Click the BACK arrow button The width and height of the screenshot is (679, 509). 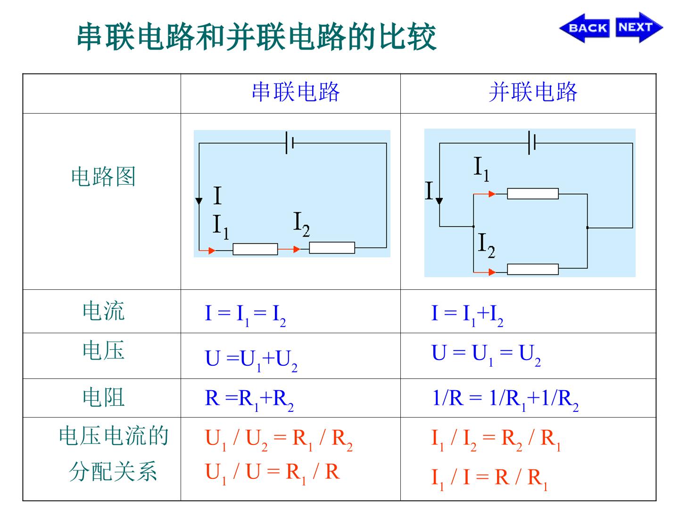pos(584,28)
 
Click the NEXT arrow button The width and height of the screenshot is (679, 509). pos(639,27)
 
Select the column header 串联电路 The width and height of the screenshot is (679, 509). pos(296,92)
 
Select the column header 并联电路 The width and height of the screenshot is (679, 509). pos(533,92)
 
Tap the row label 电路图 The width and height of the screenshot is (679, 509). pos(103,176)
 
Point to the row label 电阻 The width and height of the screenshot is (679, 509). pos(103,397)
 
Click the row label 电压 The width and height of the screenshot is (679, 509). pos(103,351)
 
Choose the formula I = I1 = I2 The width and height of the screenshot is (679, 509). pos(245,315)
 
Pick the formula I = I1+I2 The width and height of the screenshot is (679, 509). pos(467,315)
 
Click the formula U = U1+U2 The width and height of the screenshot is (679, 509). pos(251,361)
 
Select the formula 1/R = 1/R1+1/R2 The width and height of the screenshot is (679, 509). pos(505,400)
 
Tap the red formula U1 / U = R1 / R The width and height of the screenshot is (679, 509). pos(272,474)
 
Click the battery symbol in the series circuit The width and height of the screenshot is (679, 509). pos(290,143)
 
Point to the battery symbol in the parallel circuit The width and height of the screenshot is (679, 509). pos(532,143)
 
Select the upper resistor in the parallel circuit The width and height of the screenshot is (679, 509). pos(533,194)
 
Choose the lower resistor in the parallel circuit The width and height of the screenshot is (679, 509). pos(533,269)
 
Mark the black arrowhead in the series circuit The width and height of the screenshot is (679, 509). pos(199,201)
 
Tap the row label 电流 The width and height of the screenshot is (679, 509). pos(103,311)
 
